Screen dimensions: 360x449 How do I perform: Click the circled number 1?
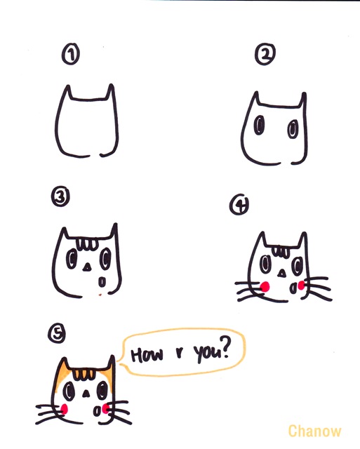[70, 55]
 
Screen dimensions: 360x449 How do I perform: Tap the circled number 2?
[265, 55]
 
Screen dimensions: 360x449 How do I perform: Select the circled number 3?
[60, 197]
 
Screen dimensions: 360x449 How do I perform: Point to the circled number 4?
[239, 204]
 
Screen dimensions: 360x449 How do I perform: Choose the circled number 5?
[57, 334]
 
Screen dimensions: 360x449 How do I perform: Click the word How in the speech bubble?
[147, 354]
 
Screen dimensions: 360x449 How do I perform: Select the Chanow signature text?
[314, 431]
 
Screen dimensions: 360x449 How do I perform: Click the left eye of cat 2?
[259, 125]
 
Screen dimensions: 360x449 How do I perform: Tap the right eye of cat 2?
[293, 129]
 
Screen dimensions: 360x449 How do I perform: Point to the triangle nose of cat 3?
[86, 267]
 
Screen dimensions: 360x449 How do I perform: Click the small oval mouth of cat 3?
[102, 282]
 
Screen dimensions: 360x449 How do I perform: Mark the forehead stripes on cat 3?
[87, 244]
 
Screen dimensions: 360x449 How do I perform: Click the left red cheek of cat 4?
[265, 286]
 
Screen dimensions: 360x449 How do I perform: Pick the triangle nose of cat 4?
[282, 274]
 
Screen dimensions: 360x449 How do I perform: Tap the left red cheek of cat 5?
[65, 408]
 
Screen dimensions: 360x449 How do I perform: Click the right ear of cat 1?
[111, 91]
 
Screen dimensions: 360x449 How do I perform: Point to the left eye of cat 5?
[69, 391]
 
